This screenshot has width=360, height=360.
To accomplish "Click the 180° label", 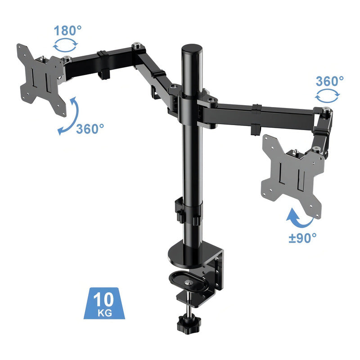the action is tap(68, 31).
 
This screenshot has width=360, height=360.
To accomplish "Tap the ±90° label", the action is tap(302, 238).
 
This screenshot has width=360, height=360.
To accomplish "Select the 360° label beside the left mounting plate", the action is tap(90, 129).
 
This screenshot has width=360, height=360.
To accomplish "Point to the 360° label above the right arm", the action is tap(330, 81).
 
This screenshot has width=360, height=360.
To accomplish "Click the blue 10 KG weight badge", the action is tap(104, 303).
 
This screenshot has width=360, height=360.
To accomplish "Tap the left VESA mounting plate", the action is tap(41, 80).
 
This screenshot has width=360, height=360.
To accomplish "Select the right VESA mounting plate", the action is tap(293, 176).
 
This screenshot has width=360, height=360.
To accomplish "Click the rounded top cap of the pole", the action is tap(192, 49).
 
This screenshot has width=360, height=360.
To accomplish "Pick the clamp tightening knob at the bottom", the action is tap(189, 324).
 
